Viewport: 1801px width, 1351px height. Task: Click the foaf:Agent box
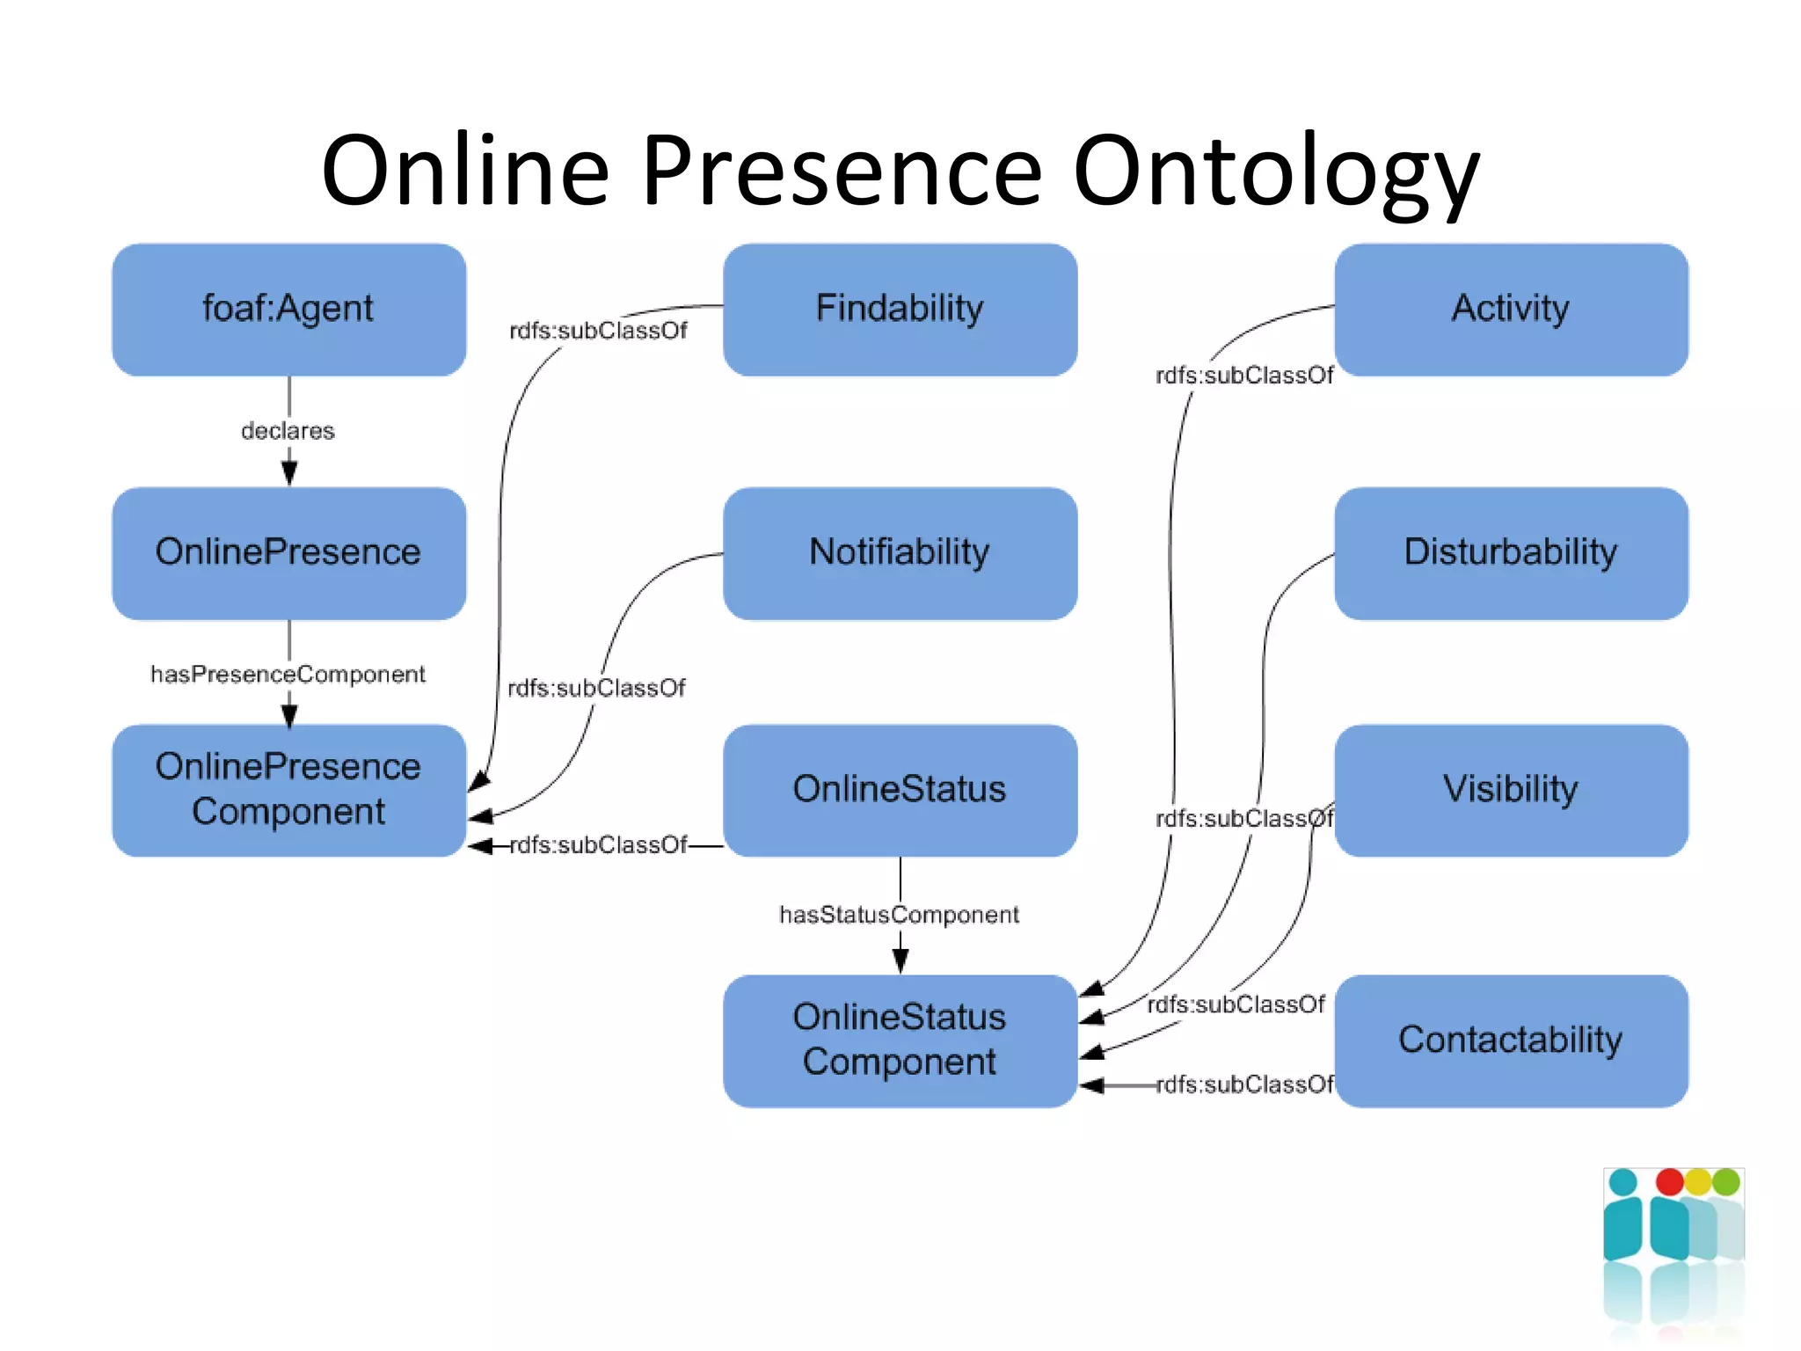pyautogui.click(x=288, y=310)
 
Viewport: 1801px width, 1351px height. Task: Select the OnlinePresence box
pyautogui.click(x=288, y=553)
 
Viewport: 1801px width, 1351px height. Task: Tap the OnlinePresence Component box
pyautogui.click(x=288, y=789)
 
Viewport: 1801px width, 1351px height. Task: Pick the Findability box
pyautogui.click(x=899, y=310)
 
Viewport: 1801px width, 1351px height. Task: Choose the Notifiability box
pyautogui.click(x=899, y=553)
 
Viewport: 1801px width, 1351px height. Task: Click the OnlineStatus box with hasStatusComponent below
pyautogui.click(x=899, y=789)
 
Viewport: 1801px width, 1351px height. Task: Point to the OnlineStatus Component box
pyautogui.click(x=899, y=1040)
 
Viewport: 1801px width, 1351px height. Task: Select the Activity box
pyautogui.click(x=1510, y=310)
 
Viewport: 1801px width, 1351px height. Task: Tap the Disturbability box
pyautogui.click(x=1510, y=553)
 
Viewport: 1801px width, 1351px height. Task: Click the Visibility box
pyautogui.click(x=1510, y=789)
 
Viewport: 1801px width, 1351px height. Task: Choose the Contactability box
pyautogui.click(x=1510, y=1040)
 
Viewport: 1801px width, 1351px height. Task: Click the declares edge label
pyautogui.click(x=288, y=431)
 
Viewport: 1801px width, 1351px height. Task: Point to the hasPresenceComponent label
pyautogui.click(x=288, y=675)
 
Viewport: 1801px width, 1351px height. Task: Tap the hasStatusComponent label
pyautogui.click(x=899, y=915)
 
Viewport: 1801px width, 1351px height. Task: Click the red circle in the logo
pyautogui.click(x=1669, y=1182)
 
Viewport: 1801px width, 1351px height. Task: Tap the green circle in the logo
pyautogui.click(x=1726, y=1182)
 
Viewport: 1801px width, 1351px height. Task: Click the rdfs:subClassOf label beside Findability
pyautogui.click(x=598, y=331)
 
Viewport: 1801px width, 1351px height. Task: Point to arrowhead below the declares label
pyautogui.click(x=289, y=473)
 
